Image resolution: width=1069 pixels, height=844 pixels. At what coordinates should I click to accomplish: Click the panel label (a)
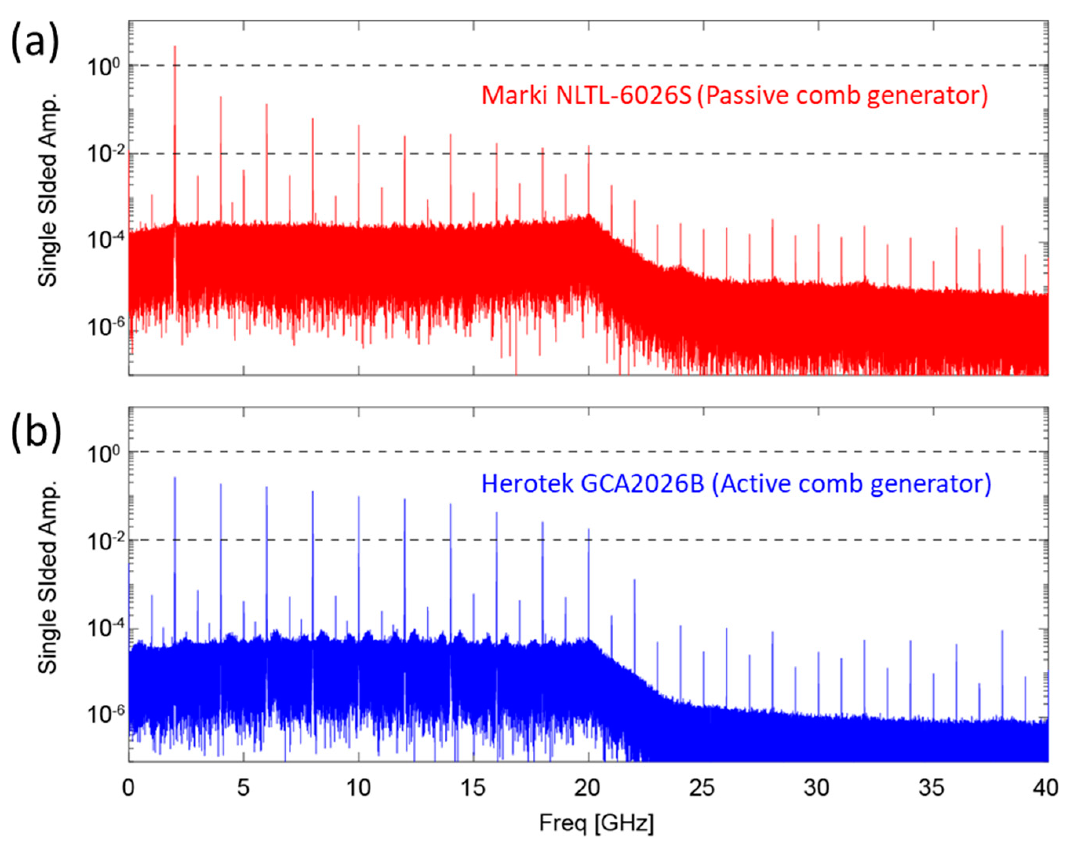[x=35, y=43]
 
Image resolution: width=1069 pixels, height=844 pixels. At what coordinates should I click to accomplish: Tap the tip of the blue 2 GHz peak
[x=175, y=478]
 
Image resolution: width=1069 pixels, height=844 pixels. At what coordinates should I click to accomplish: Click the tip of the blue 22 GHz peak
[x=634, y=580]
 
